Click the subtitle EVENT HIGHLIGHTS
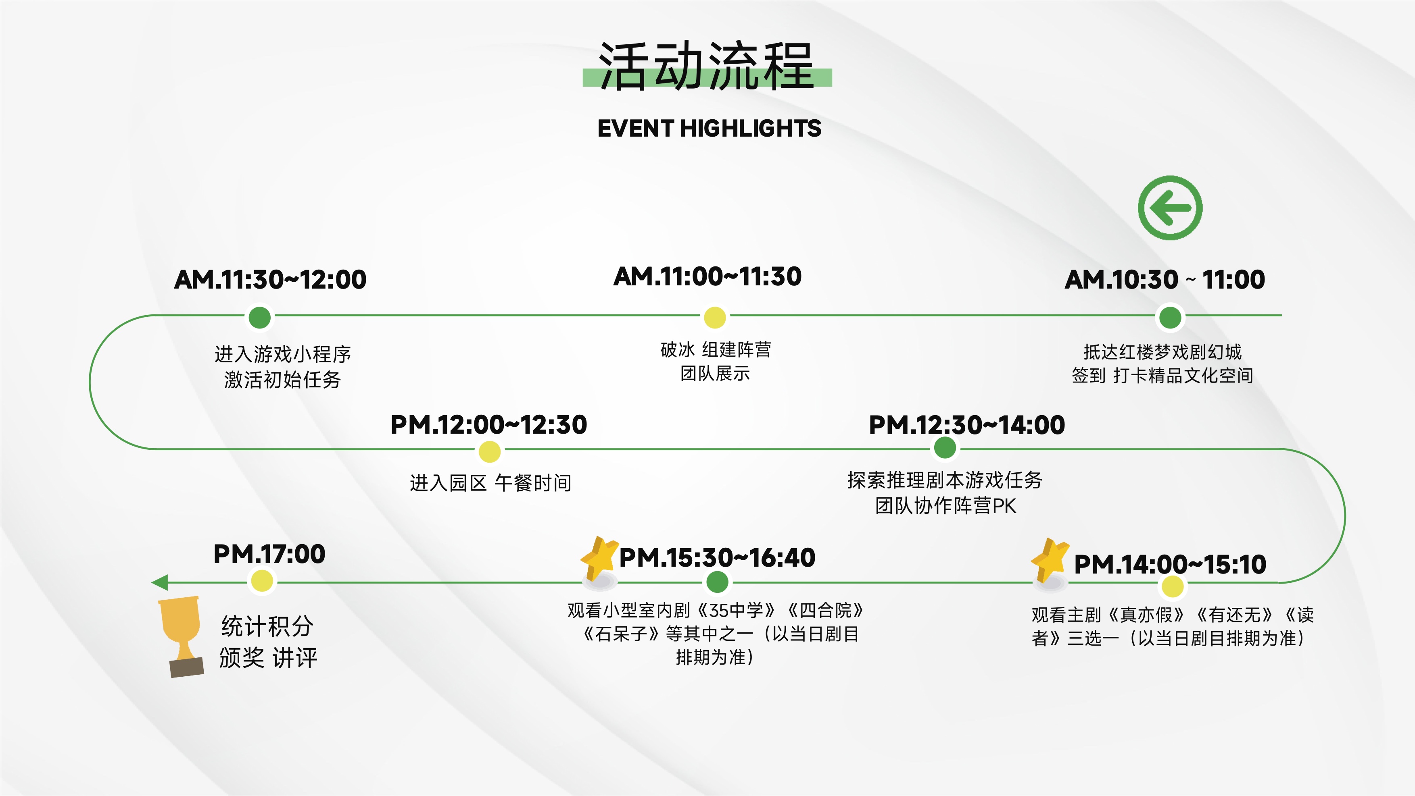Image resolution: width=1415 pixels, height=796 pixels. point(709,129)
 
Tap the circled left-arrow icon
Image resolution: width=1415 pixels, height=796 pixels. point(1170,208)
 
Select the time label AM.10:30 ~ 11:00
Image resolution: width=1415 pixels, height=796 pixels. point(1165,279)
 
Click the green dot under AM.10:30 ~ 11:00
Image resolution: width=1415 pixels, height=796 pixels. point(1170,317)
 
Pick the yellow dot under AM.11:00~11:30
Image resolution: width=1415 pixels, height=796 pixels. point(715,317)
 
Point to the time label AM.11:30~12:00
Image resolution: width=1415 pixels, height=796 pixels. point(270,279)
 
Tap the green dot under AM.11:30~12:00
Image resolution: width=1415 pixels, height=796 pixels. point(260,317)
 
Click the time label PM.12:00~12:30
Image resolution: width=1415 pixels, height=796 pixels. point(489,424)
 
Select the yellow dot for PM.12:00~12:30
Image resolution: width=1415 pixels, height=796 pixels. point(489,452)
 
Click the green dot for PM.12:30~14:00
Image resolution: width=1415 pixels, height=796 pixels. point(945,448)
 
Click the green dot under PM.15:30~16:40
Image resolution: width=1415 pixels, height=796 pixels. point(717,582)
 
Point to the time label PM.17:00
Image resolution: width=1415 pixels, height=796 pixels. point(269,554)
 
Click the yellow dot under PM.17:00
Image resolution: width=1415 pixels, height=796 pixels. point(262,581)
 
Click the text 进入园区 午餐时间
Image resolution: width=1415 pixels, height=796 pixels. point(490,483)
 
